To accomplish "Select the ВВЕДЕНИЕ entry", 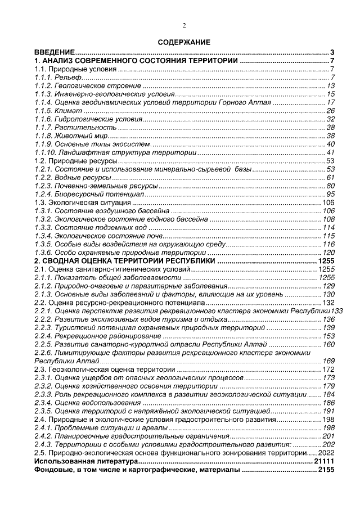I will (55, 51).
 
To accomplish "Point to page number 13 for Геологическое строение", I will (331, 85).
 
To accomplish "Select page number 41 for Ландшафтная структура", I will (331, 152).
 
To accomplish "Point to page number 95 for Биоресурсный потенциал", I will (331, 195).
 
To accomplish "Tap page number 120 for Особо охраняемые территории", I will (328, 253).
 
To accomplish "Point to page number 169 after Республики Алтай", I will (328, 361).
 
